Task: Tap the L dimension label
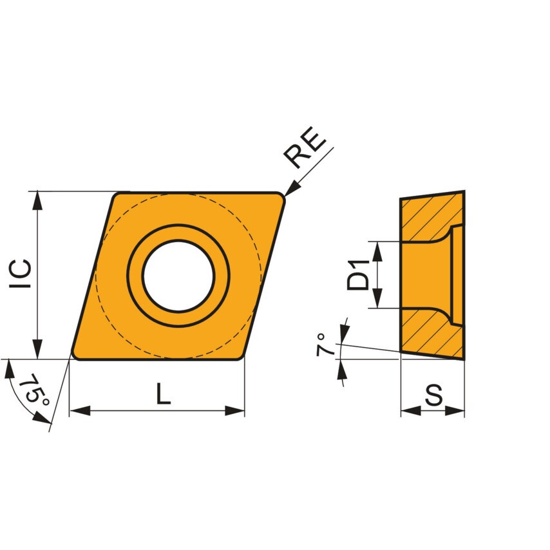(164, 394)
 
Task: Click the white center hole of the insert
(178, 276)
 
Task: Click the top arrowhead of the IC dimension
(39, 200)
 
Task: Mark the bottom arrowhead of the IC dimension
(39, 350)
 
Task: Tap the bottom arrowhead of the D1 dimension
(378, 299)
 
